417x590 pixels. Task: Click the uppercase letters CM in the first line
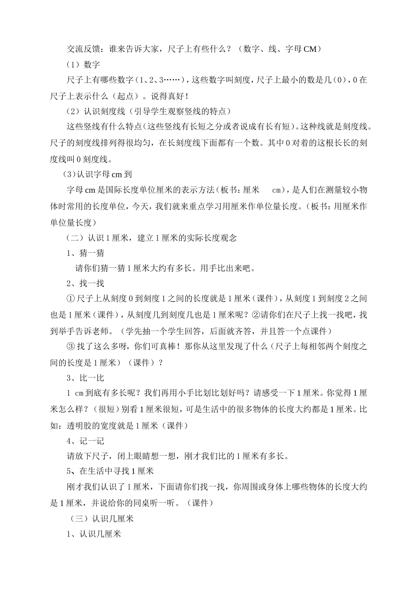(310, 49)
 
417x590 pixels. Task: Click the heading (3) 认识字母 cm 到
(97, 174)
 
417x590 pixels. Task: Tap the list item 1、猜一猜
(85, 253)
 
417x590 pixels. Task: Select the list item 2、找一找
(85, 283)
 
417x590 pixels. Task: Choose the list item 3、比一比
(85, 378)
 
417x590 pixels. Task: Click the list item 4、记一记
(85, 441)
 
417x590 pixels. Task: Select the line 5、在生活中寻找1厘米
(110, 471)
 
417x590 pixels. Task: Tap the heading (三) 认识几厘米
(102, 518)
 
